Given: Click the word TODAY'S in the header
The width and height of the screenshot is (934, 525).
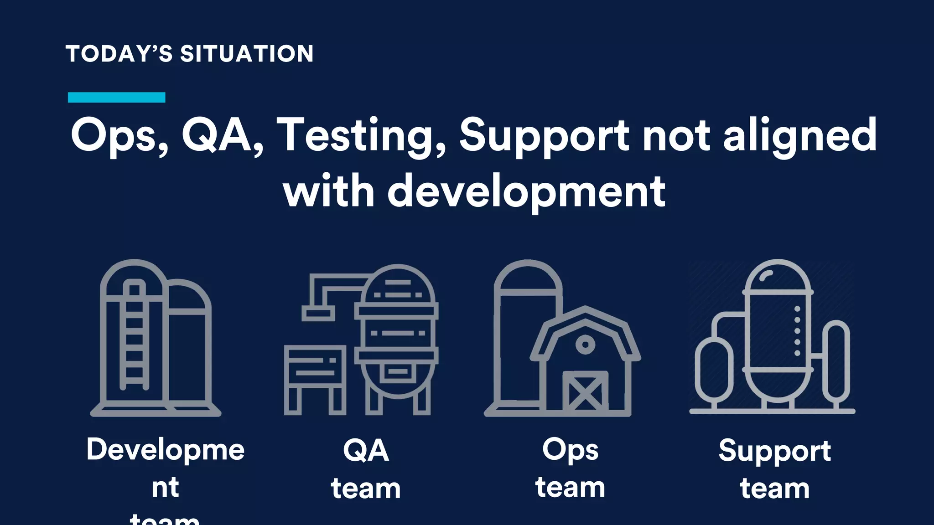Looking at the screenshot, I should (x=119, y=54).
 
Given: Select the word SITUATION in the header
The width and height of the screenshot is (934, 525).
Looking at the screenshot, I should (x=247, y=54).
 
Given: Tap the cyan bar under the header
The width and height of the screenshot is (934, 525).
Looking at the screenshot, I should (x=116, y=97).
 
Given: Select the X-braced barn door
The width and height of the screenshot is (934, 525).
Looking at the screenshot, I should (x=585, y=391).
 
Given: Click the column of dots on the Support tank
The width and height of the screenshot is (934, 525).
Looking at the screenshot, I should (x=797, y=331).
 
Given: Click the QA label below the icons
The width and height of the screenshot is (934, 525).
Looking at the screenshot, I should (x=366, y=450).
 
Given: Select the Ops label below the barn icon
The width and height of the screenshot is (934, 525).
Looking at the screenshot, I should (x=570, y=450).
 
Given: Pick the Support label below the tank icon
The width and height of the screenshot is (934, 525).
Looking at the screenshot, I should (x=774, y=451).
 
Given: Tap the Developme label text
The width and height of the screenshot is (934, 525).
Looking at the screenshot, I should (x=166, y=449).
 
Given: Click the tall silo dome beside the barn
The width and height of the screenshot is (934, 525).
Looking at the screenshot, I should (x=528, y=276).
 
